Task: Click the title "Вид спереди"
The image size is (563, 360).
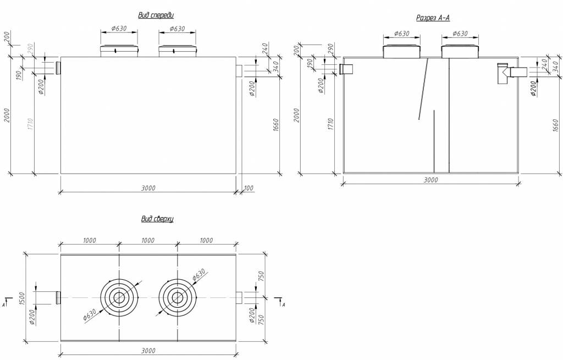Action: click(156, 15)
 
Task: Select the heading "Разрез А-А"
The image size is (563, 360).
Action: click(433, 18)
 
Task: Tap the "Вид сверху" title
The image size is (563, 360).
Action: click(157, 219)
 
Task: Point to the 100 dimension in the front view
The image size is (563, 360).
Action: click(249, 188)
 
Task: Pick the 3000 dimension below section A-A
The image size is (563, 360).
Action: click(430, 180)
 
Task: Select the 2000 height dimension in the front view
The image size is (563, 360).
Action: click(7, 115)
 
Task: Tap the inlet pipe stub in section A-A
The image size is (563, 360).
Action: click(346, 69)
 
